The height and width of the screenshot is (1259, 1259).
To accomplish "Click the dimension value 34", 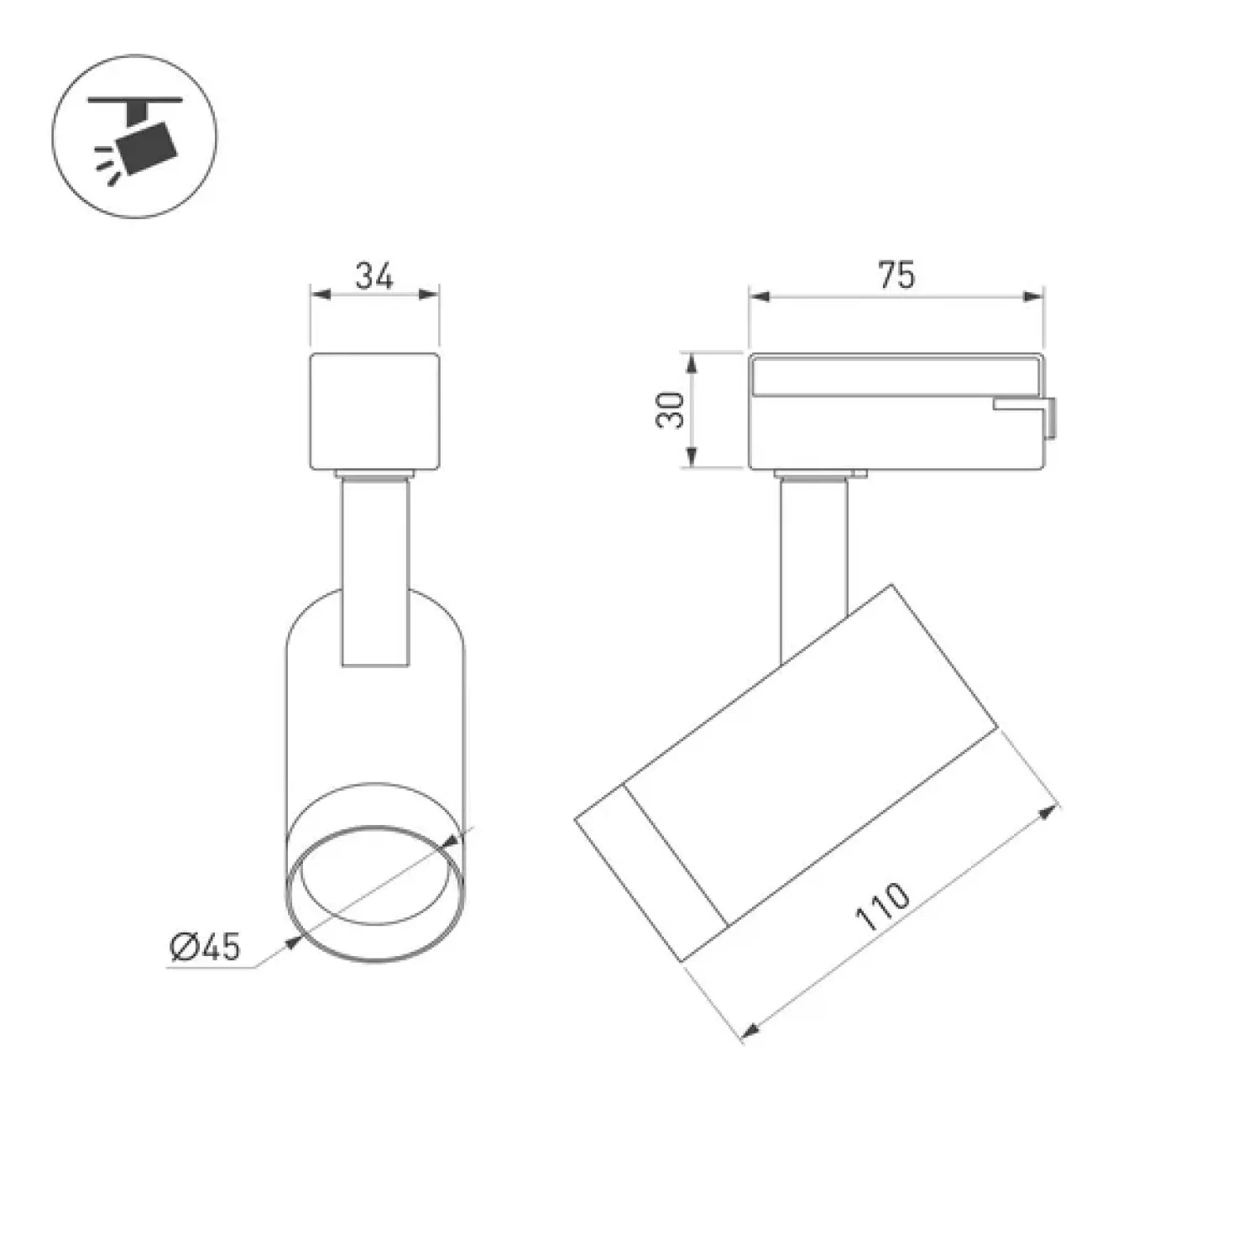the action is tap(374, 275).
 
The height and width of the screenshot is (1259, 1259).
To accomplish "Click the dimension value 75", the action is tap(896, 275).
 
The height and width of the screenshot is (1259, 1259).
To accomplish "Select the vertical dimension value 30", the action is tap(671, 410).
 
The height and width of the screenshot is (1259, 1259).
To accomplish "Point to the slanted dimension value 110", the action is tap(881, 907).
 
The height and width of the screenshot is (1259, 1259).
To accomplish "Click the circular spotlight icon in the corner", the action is tap(135, 136).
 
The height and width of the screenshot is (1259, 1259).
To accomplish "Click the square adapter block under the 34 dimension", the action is tap(375, 411).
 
